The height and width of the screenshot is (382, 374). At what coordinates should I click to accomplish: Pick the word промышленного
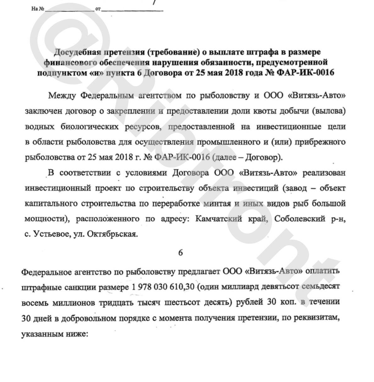pyautogui.click(x=226, y=142)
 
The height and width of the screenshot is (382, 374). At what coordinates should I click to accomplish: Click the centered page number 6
pyautogui.click(x=180, y=253)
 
